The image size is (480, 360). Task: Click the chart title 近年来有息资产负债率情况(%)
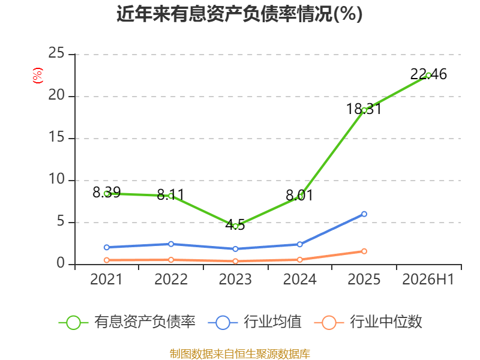click(239, 14)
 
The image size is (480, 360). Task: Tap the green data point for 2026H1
click(428, 76)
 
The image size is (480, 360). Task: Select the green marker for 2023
click(235, 227)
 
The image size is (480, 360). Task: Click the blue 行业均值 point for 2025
click(364, 214)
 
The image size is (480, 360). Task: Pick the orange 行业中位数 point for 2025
click(364, 251)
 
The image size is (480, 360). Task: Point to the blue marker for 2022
click(171, 244)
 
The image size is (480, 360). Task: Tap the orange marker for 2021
click(107, 260)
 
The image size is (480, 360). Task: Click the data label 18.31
click(364, 109)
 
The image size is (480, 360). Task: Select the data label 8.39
click(107, 192)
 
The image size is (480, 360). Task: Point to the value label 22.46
click(428, 74)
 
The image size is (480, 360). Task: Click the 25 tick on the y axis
click(56, 53)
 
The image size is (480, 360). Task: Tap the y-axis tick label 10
click(56, 179)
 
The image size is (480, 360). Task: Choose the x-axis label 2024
click(299, 279)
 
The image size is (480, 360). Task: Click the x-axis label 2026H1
click(428, 279)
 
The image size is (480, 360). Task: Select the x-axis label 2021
click(106, 279)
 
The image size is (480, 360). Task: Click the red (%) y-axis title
click(38, 76)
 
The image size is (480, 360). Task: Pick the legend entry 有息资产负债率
click(127, 322)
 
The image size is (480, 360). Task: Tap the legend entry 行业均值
click(254, 322)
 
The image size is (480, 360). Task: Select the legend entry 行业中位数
click(368, 322)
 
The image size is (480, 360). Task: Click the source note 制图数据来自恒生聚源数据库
click(240, 354)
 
